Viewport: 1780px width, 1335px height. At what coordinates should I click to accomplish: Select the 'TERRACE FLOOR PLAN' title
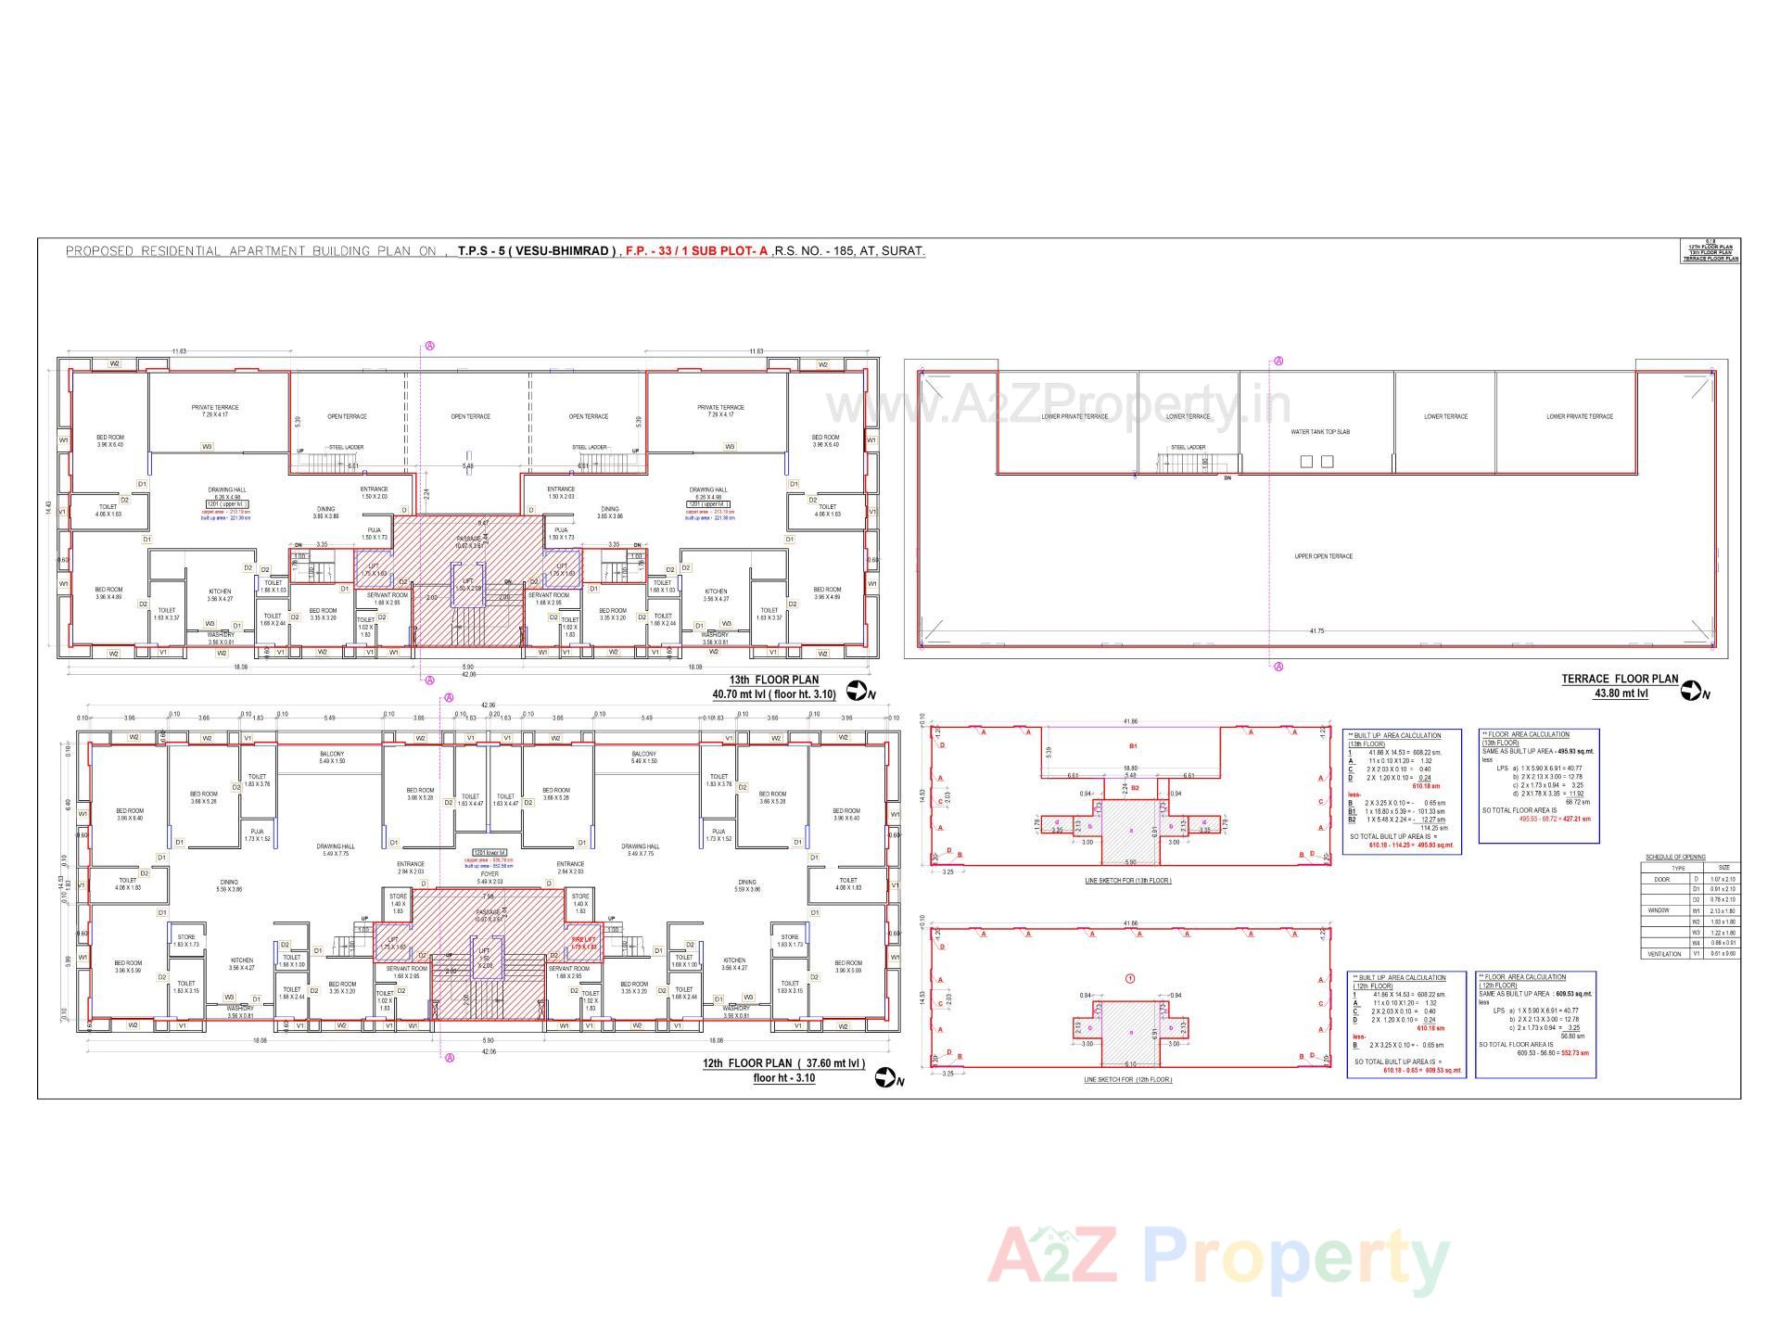[1620, 680]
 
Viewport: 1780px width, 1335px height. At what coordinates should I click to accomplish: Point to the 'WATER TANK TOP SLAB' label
[1320, 432]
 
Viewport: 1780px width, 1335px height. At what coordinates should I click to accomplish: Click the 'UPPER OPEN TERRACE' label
[1323, 556]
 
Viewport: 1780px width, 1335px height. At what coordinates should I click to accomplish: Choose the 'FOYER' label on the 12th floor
[489, 873]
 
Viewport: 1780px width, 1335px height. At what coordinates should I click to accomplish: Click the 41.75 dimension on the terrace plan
[1316, 631]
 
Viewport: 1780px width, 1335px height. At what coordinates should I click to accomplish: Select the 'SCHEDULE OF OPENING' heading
[1675, 858]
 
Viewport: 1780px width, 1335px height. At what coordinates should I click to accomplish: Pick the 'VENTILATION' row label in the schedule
[1665, 954]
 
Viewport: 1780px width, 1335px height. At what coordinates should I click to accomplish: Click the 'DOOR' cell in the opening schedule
[1662, 879]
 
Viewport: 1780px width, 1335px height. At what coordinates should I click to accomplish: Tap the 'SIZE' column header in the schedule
[1723, 868]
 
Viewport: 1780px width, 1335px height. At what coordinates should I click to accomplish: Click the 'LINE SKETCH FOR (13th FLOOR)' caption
[1127, 881]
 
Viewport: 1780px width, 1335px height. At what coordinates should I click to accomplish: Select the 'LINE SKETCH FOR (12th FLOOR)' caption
[1127, 1080]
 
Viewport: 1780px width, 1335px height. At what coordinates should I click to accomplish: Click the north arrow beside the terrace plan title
[1693, 691]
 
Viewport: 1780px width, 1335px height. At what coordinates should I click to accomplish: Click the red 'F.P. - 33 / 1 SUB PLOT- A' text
[696, 251]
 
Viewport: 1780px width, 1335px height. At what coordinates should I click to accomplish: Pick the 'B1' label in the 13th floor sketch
[1132, 745]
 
